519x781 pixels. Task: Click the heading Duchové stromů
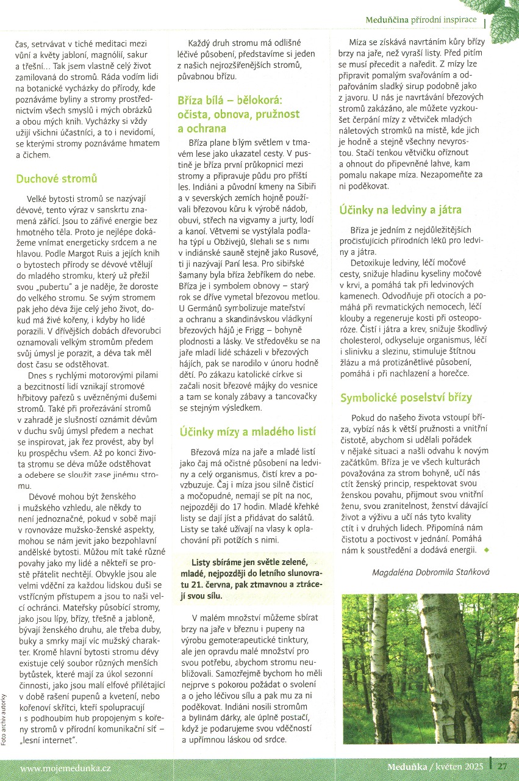coord(56,179)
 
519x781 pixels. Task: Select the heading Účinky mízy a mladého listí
coord(248,431)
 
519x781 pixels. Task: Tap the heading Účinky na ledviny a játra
coord(400,209)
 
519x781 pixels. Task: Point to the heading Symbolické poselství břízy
coord(406,397)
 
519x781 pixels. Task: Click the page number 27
coord(503,766)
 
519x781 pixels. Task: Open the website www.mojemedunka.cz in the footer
coord(65,766)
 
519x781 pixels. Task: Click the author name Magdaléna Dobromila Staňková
coord(431,572)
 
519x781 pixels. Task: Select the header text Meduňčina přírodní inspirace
coord(421,20)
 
